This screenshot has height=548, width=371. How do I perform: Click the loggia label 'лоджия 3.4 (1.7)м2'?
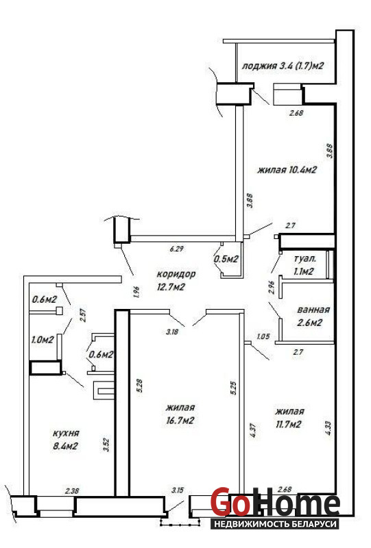coord(283,66)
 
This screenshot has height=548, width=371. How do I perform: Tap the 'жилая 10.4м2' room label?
coord(287,170)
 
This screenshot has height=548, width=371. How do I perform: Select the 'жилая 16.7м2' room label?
coord(180,414)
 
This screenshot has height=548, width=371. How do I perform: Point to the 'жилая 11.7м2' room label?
coord(289,418)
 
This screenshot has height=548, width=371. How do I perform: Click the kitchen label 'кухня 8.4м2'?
coord(65,439)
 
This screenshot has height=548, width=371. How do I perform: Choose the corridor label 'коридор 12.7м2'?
coord(176,280)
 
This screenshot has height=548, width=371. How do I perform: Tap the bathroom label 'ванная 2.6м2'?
coord(313,316)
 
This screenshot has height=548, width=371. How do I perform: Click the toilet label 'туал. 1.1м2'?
coord(305,265)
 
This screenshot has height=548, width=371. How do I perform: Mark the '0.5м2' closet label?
coord(226,259)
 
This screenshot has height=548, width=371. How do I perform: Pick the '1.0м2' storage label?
coord(43,339)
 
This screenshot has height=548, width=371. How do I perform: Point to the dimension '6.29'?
coord(177,249)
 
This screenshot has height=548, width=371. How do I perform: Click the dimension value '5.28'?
coord(140,386)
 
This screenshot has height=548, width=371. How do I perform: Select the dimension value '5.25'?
coord(235,388)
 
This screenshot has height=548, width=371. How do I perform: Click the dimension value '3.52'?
coord(107,445)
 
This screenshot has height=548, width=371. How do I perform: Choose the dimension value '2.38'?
coord(72,490)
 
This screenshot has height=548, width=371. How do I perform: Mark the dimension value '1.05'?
coord(263,336)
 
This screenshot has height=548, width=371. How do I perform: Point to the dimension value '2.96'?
coord(272,287)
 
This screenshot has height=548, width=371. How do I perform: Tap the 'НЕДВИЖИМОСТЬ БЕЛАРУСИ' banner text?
coord(276,524)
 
